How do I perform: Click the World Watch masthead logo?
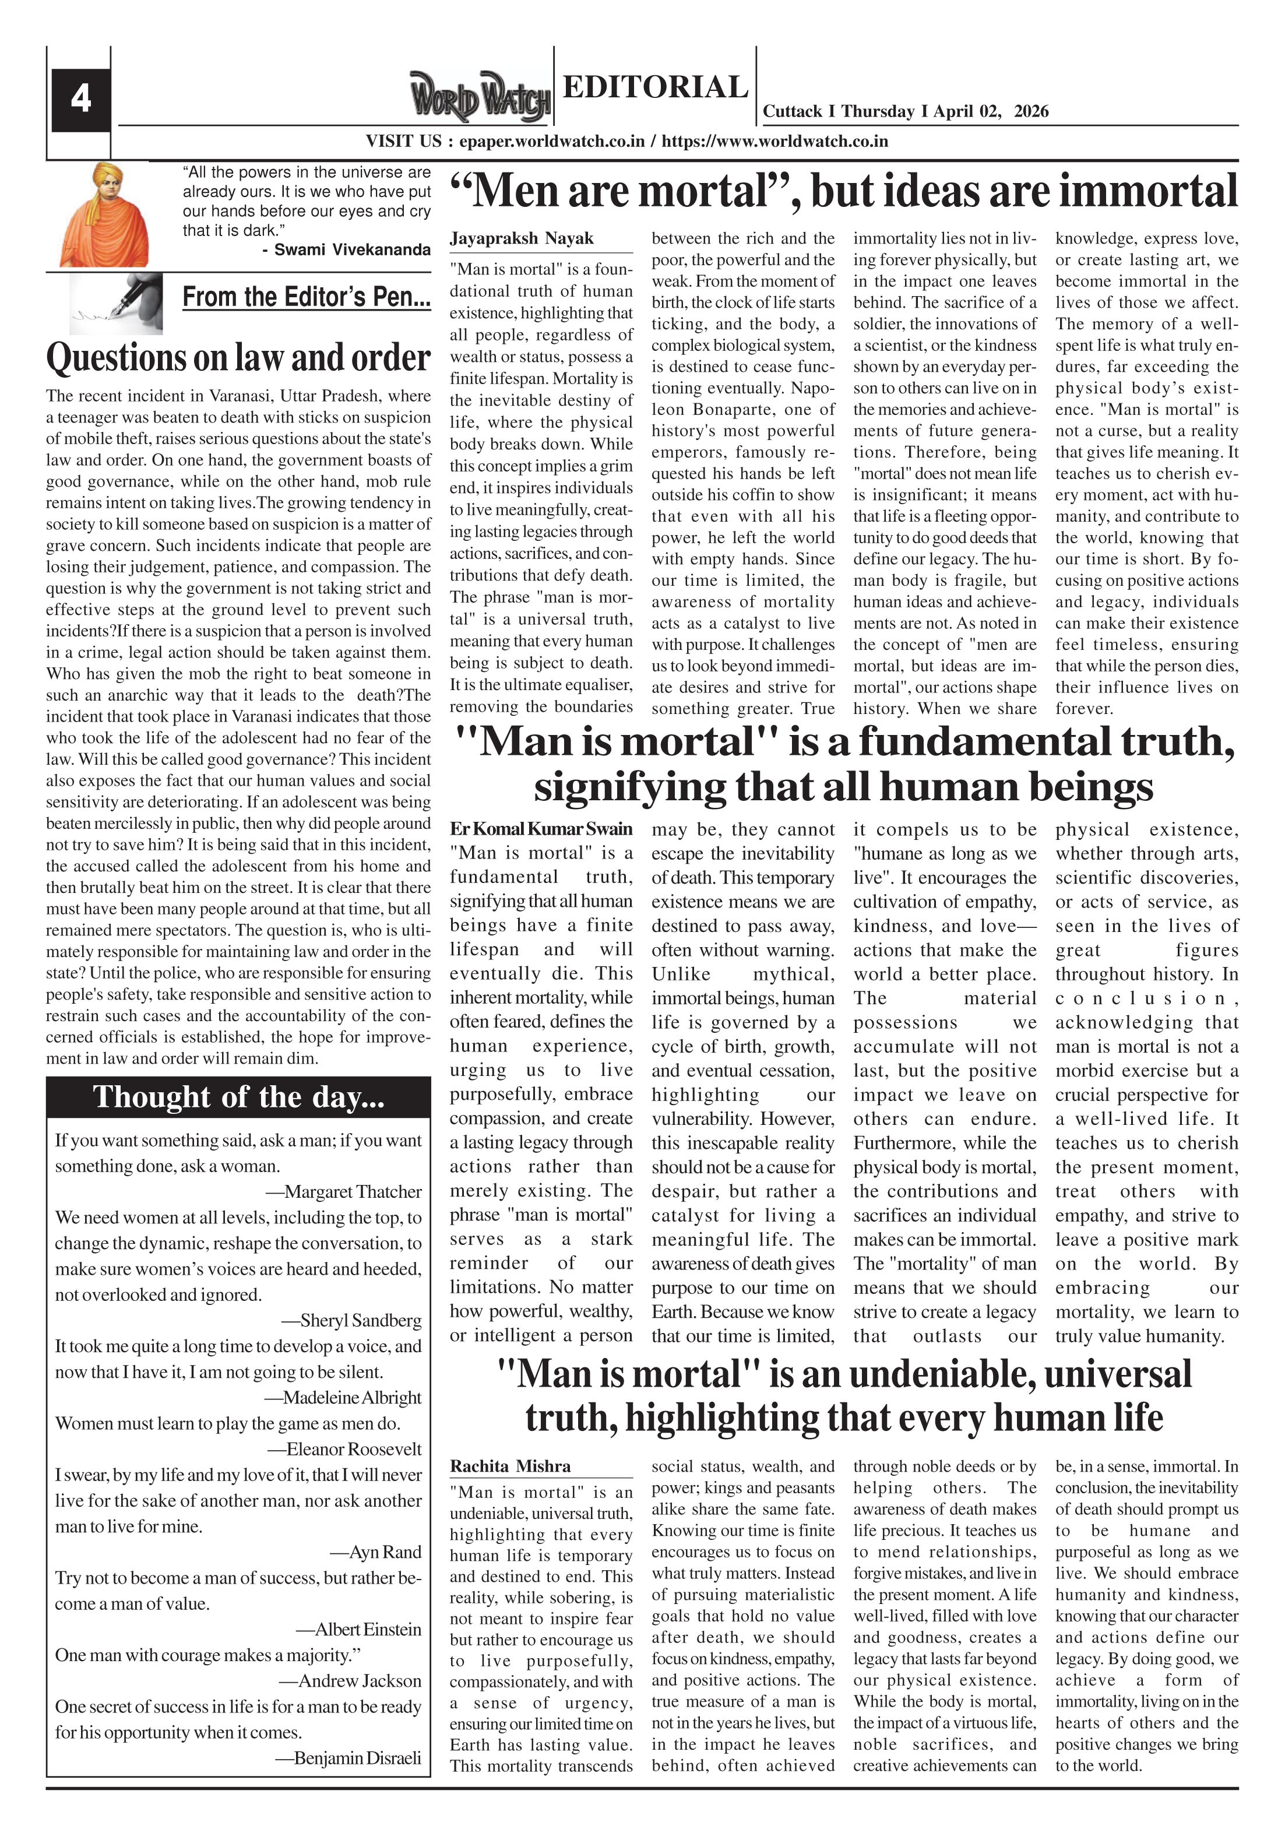pos(480,97)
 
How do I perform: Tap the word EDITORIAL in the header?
pos(655,87)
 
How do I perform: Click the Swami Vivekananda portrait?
pos(104,214)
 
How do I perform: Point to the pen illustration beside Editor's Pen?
pos(117,303)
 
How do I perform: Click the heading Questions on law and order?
pos(238,357)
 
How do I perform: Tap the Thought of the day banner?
pos(238,1097)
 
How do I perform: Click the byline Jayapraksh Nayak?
pos(522,238)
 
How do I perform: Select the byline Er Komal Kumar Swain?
pos(541,829)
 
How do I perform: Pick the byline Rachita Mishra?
pos(510,1466)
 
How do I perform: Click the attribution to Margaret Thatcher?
pos(353,1191)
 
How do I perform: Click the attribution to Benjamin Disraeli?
pos(357,1758)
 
